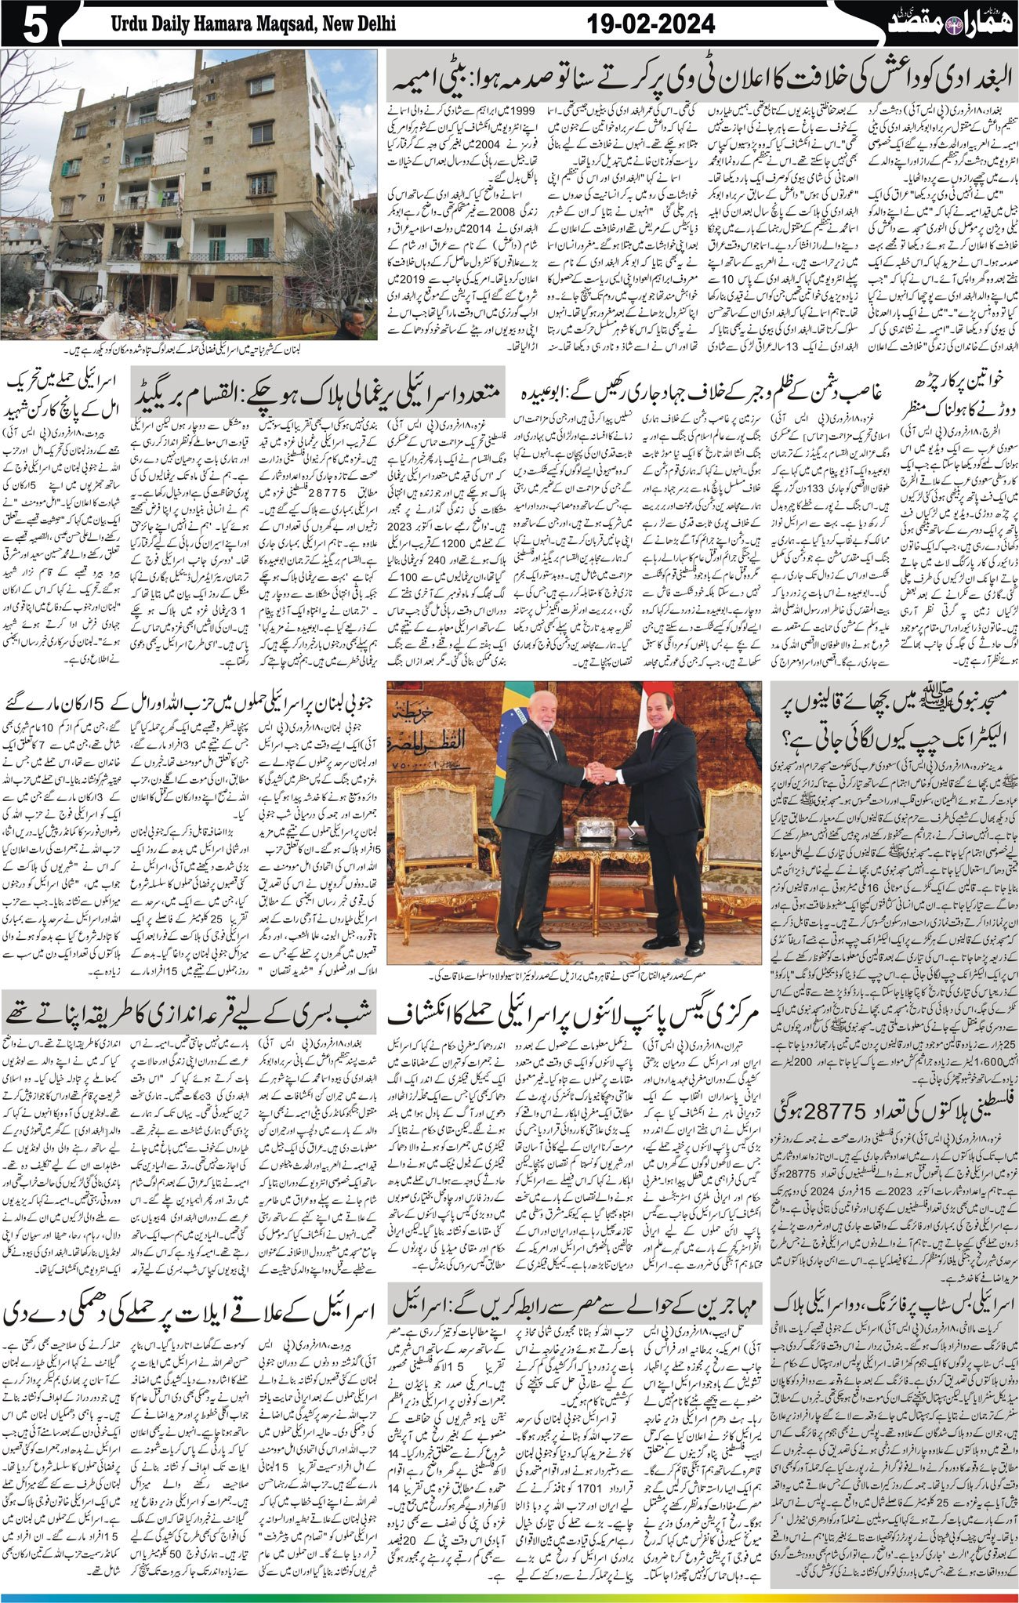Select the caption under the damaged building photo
[x=188, y=348]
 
